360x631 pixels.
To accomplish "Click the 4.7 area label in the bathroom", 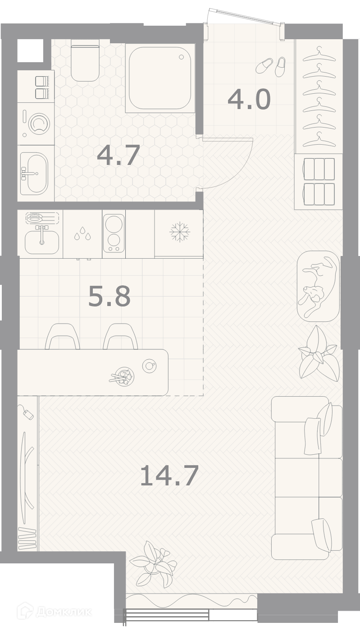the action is pos(118,155).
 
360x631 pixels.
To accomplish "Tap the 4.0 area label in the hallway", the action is pos(249,100).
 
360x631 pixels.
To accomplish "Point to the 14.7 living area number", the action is pos(169,476).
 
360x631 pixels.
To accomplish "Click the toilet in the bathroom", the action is pos(85,63).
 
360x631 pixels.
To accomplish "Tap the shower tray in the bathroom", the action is pos(160,78).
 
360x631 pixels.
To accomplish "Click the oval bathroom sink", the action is pos(34,173).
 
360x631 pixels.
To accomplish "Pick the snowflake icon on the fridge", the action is pos(180,232).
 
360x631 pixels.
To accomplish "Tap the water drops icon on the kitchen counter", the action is pos(82,233).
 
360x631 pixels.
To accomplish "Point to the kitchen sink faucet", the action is pos(42,234).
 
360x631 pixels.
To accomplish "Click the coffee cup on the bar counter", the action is pos(149,366).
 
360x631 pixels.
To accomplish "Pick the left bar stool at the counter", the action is pos(63,336).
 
